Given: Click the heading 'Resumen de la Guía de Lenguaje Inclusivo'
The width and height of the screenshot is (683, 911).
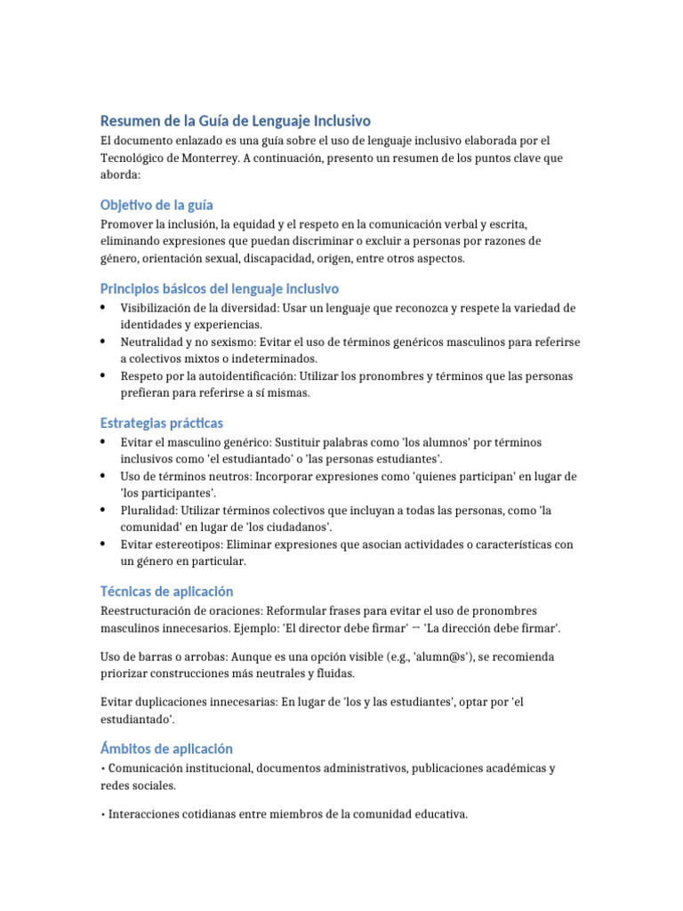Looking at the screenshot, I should pos(236,121).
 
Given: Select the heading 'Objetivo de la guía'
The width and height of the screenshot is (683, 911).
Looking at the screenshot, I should pos(157,206).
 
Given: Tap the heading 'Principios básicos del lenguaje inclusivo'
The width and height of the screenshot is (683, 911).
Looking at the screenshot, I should pos(219,289).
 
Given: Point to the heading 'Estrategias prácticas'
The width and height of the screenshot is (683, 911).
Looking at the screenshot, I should pos(162,423).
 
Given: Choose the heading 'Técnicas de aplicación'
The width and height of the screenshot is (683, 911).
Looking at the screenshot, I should pos(166,592).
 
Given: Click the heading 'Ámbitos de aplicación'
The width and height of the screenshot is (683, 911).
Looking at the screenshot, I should pos(166,749).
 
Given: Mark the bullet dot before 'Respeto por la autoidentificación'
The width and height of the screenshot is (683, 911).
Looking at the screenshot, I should pos(105,375).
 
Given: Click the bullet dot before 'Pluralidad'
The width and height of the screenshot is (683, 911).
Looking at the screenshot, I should pos(105,510).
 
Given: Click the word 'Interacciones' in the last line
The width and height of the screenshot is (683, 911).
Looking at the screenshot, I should pos(144,814).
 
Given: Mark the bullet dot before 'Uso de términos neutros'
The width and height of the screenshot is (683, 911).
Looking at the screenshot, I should pos(105,476).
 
